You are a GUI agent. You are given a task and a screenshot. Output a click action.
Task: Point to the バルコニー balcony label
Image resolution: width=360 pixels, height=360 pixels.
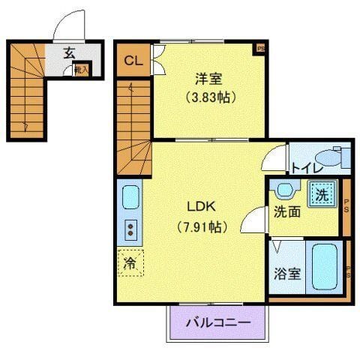[x=217, y=323]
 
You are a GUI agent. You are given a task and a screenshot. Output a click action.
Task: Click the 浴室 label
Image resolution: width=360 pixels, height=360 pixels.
[x=286, y=273]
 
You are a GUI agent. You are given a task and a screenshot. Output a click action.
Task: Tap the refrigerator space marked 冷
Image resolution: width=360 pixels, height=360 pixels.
[x=130, y=262]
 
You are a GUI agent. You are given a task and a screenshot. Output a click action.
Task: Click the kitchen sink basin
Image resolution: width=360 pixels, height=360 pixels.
[x=130, y=199]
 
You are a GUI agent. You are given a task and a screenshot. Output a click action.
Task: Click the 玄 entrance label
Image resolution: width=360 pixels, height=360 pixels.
[x=68, y=53]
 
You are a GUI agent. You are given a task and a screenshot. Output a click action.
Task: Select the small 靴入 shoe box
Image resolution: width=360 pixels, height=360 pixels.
[x=80, y=70]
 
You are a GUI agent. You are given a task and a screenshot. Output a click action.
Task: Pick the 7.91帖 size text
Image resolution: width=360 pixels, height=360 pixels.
[x=202, y=225]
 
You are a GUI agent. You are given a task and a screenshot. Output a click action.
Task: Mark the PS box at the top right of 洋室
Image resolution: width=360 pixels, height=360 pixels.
[x=260, y=49]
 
